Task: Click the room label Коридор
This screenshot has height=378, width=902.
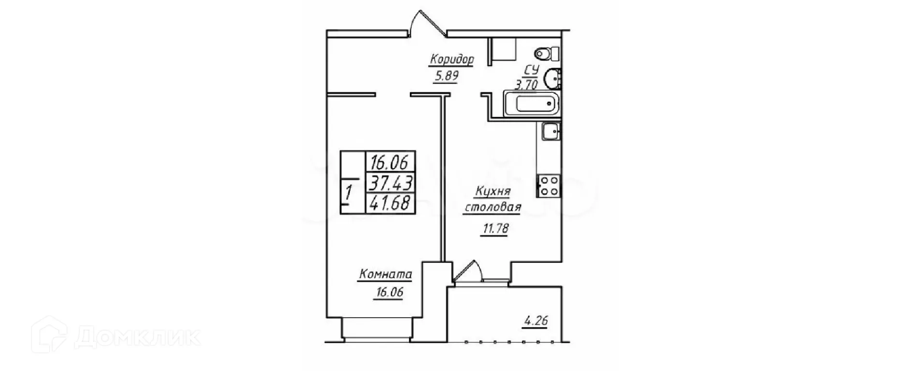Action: [x=451, y=60]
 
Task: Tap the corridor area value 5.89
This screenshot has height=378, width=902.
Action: [x=445, y=76]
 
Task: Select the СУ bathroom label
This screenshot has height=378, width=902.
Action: [x=531, y=70]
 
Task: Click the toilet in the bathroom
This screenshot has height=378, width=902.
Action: [x=546, y=53]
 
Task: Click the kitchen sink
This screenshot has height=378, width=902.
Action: [x=550, y=131]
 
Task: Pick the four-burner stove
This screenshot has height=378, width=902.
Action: [x=549, y=185]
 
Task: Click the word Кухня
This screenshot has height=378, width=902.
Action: [x=493, y=192]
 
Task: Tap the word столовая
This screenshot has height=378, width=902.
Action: [x=492, y=208]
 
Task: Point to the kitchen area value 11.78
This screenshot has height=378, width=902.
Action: [x=495, y=228]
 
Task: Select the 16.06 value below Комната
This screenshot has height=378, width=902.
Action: [x=388, y=292]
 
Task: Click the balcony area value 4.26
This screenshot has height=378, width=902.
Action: [x=536, y=320]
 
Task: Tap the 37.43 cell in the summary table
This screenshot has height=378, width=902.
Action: [x=391, y=183]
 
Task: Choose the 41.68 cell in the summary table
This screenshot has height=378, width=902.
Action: [x=391, y=203]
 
